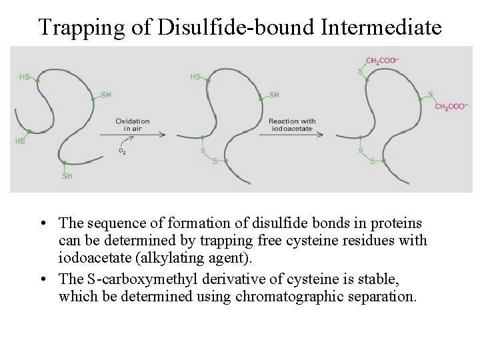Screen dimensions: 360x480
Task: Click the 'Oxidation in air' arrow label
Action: [x=132, y=125]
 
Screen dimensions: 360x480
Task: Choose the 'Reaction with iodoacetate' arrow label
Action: [x=292, y=125]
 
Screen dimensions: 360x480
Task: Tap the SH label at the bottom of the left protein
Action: [x=67, y=176]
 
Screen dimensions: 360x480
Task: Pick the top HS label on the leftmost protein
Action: [x=25, y=77]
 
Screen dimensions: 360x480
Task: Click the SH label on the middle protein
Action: [x=273, y=95]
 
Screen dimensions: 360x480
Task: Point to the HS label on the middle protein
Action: [x=195, y=77]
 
